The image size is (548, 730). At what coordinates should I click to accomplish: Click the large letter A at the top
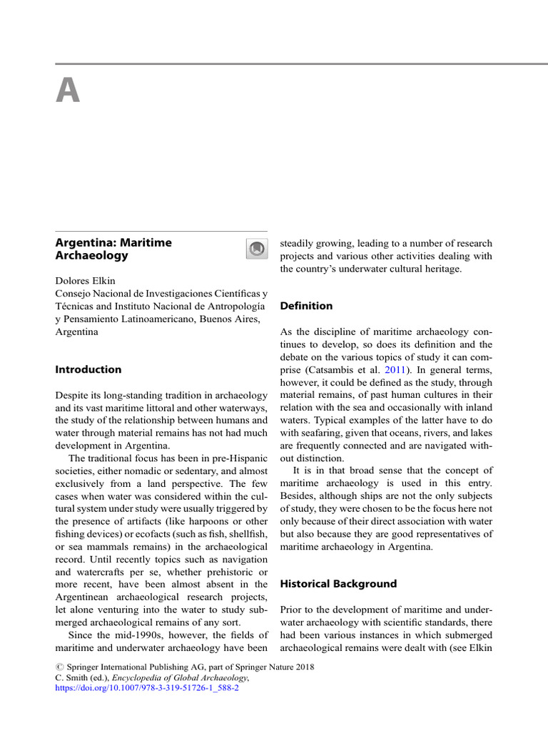tap(68, 91)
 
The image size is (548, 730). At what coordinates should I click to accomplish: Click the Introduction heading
tap(88, 369)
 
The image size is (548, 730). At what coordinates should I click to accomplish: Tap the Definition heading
tap(306, 306)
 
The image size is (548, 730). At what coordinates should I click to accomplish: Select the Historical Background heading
tap(338, 584)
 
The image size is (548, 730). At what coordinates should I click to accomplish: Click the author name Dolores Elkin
tap(85, 280)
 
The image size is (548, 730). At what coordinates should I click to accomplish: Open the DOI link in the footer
tap(147, 690)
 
